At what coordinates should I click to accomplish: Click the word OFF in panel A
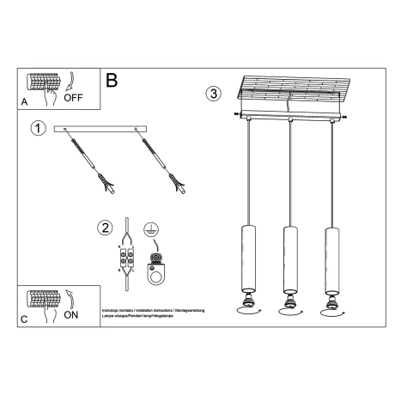[x=75, y=98]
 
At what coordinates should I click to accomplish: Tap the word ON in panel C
[x=73, y=314]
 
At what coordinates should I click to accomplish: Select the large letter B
[x=111, y=81]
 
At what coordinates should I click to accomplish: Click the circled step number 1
[x=37, y=129]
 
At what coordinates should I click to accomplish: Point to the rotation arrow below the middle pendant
[x=289, y=314]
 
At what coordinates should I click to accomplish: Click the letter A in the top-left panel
[x=23, y=101]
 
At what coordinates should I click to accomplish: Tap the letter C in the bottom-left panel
[x=23, y=319]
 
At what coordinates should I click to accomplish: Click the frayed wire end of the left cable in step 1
[x=106, y=182]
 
